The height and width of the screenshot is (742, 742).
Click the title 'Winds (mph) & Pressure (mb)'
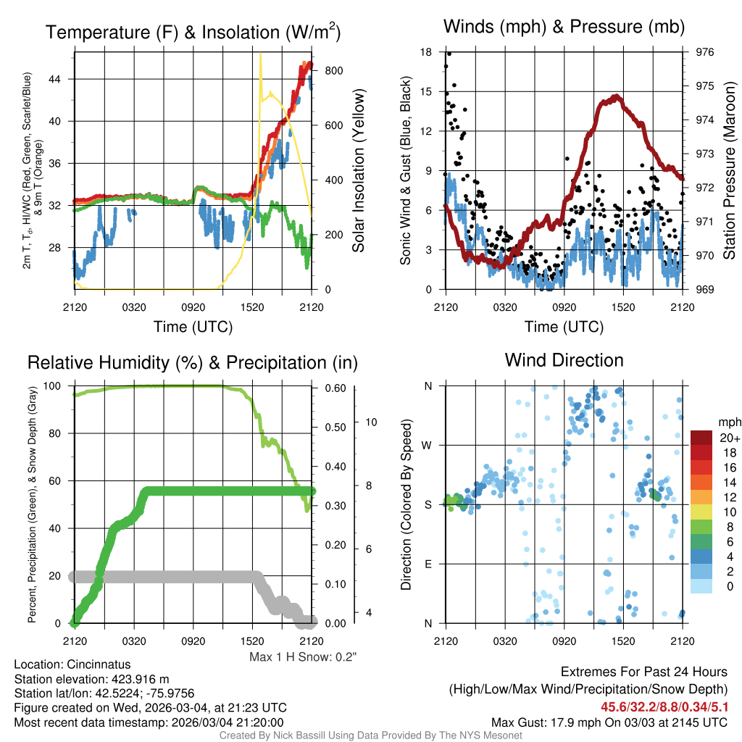pyautogui.click(x=564, y=28)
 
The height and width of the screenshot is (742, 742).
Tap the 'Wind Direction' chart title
pyautogui.click(x=564, y=360)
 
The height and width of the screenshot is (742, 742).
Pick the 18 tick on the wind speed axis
pyautogui.click(x=426, y=52)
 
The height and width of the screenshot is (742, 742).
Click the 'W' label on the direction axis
pyautogui.click(x=428, y=446)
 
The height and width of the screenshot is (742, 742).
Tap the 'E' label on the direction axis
pyautogui.click(x=428, y=564)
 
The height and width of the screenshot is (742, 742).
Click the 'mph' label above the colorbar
pyautogui.click(x=728, y=421)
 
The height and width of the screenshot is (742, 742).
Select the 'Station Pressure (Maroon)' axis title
pyautogui.click(x=730, y=171)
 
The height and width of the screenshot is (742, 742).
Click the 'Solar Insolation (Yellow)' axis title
pyautogui.click(x=358, y=171)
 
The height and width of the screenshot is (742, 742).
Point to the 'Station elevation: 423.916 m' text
pyautogui.click(x=91, y=679)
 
